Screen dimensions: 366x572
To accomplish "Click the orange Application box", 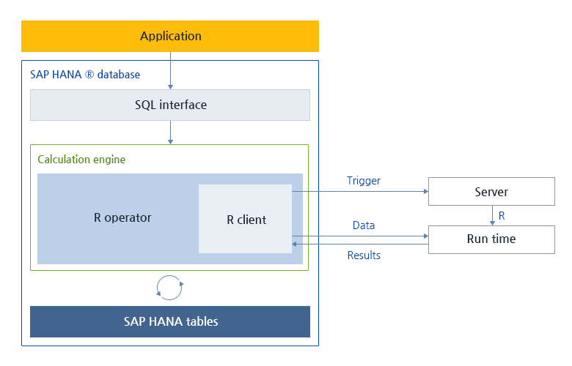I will tap(170, 36).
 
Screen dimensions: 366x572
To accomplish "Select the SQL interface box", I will tap(170, 105).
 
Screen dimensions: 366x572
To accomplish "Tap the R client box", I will tap(246, 219).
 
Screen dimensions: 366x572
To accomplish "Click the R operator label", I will tap(122, 217).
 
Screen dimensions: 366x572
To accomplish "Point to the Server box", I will tap(491, 192).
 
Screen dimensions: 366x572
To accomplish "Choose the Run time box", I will tap(491, 239).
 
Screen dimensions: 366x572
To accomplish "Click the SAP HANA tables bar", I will tap(170, 321).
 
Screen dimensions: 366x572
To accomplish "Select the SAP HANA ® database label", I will tap(84, 75).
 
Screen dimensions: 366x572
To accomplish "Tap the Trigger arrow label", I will tap(364, 180).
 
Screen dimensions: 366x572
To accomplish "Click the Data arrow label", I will tap(364, 225).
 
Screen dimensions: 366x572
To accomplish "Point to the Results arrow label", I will tap(364, 255).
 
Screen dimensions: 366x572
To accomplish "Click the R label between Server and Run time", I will tap(502, 216).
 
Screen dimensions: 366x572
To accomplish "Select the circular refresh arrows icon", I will tap(170, 287).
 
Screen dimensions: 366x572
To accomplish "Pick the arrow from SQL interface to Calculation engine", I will tap(170, 132).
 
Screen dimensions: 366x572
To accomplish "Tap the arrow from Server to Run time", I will tap(491, 215).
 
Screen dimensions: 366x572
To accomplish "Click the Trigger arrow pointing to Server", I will tap(359, 192).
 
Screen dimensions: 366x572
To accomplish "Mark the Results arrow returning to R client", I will tap(359, 244).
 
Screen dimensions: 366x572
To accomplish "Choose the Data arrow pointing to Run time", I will tap(359, 236).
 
